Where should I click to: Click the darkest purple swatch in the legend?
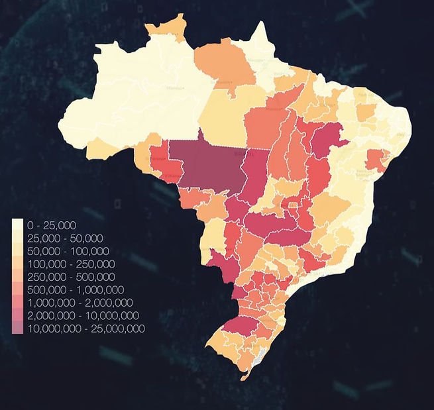pyautogui.click(x=17, y=329)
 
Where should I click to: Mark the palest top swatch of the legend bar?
pyautogui.click(x=17, y=225)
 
